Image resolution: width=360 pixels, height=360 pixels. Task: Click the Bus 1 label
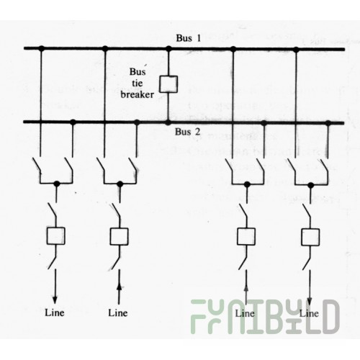[x=188, y=38]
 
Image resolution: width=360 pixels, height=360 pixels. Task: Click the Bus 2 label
[x=187, y=132]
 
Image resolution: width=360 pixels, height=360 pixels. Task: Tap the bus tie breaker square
[x=168, y=84]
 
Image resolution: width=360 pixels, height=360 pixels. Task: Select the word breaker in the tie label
[x=137, y=94]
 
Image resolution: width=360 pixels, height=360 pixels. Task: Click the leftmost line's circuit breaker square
[x=55, y=235]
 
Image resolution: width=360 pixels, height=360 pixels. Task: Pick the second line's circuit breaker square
[x=119, y=236]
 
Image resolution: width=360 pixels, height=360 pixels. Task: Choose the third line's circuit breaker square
[x=246, y=236]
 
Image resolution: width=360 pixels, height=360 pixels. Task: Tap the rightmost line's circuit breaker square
[x=310, y=237]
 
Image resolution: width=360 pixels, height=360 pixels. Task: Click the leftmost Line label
[x=55, y=312]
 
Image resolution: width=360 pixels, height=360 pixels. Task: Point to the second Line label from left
[x=118, y=312]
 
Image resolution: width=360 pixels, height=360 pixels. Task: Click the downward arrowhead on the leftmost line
[x=55, y=300]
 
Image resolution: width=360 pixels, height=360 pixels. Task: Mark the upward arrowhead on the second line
[x=120, y=287]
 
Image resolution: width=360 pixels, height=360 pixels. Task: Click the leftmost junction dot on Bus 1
[x=42, y=48]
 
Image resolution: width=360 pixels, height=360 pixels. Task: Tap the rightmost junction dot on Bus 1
[x=296, y=50]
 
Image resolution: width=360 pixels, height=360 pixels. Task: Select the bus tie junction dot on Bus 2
[x=168, y=122]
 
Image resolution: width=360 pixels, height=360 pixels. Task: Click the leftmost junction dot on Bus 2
[x=73, y=122]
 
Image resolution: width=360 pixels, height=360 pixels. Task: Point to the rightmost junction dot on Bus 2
[x=328, y=123]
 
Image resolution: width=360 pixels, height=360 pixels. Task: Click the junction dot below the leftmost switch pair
[x=57, y=184]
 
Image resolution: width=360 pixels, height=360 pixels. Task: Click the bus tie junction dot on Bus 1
[x=169, y=49]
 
